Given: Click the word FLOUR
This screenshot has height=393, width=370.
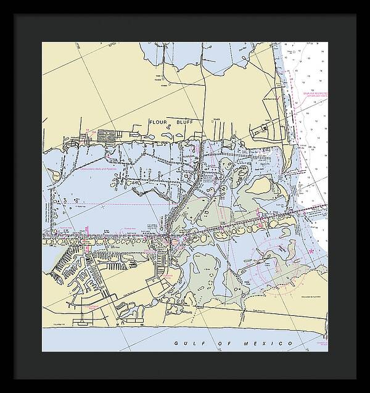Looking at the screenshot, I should pyautogui.click(x=159, y=122).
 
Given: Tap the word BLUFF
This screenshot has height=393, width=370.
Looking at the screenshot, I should pyautogui.click(x=185, y=122).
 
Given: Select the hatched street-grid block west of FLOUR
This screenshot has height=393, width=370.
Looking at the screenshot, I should pyautogui.click(x=106, y=133).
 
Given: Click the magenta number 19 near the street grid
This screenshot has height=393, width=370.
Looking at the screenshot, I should pyautogui.click(x=88, y=131).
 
